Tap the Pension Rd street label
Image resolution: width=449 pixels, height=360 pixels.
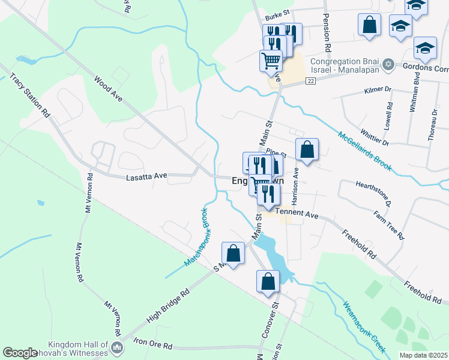click(x=327, y=32)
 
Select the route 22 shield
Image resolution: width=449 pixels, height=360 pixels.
click(x=310, y=81)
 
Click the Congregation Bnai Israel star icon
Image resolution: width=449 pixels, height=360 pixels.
click(x=388, y=64)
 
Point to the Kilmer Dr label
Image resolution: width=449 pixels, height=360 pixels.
click(x=378, y=91)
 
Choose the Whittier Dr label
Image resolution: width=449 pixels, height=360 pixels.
click(x=375, y=138)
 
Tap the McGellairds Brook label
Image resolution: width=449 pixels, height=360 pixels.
click(x=364, y=151)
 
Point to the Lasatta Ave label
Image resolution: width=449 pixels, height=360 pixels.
click(x=146, y=178)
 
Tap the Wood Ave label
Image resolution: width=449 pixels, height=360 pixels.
click(x=108, y=88)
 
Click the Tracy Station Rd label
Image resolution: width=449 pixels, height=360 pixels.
click(x=29, y=94)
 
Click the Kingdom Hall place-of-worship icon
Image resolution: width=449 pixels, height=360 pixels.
click(x=118, y=347)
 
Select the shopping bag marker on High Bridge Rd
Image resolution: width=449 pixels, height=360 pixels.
click(x=234, y=253)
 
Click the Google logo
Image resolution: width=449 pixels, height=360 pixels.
click(x=20, y=353)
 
